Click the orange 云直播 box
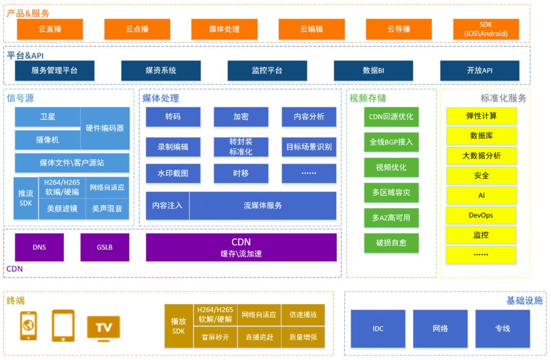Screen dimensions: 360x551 tap(49, 29)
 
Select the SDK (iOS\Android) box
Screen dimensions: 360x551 tap(486, 29)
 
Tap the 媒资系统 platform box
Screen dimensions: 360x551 tap(161, 70)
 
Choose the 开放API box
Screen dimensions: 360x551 tap(480, 70)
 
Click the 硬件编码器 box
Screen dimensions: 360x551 tap(105, 128)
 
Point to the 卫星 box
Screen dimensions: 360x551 tap(47, 116)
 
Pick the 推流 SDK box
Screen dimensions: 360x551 tap(26, 198)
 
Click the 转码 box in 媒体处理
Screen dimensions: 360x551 tap(172, 116)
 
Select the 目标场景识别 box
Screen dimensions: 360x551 tap(309, 147)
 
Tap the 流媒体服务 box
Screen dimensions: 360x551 tap(263, 205)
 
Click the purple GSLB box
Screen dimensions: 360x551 tap(105, 247)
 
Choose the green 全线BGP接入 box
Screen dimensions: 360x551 tap(391, 142)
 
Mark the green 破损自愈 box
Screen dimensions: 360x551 tap(391, 243)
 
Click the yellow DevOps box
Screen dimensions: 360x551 tap(481, 215)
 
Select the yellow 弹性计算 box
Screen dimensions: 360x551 tap(481, 116)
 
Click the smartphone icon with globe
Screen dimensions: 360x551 tap(29, 326)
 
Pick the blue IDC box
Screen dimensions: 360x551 tap(378, 328)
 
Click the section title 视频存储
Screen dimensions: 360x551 tap(367, 98)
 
